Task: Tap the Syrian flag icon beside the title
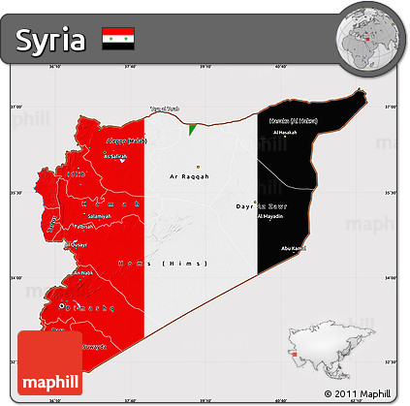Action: pyautogui.click(x=117, y=39)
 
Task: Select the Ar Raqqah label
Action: pyautogui.click(x=189, y=178)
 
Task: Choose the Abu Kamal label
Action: pyautogui.click(x=292, y=249)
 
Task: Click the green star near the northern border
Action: pyautogui.click(x=194, y=127)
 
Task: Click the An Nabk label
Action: pyautogui.click(x=83, y=273)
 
